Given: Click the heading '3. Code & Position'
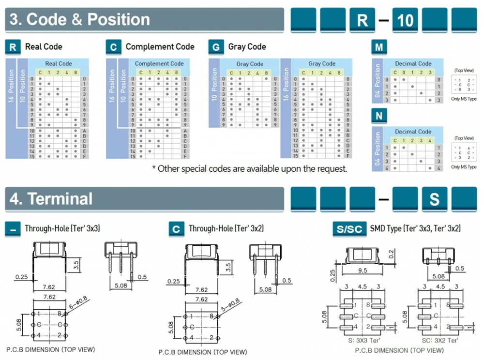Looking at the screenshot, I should (80, 20).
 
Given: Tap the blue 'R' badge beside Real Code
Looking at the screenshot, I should (13, 47).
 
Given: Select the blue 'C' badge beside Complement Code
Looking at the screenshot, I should (113, 47).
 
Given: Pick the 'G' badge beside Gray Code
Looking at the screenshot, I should (216, 47).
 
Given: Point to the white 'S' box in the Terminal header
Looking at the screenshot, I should (434, 199).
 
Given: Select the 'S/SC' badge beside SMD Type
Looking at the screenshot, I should (349, 229).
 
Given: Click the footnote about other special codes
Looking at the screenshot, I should (250, 169).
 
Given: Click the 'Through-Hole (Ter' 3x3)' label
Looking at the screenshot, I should (62, 228).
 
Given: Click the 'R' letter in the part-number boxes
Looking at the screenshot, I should (363, 21).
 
